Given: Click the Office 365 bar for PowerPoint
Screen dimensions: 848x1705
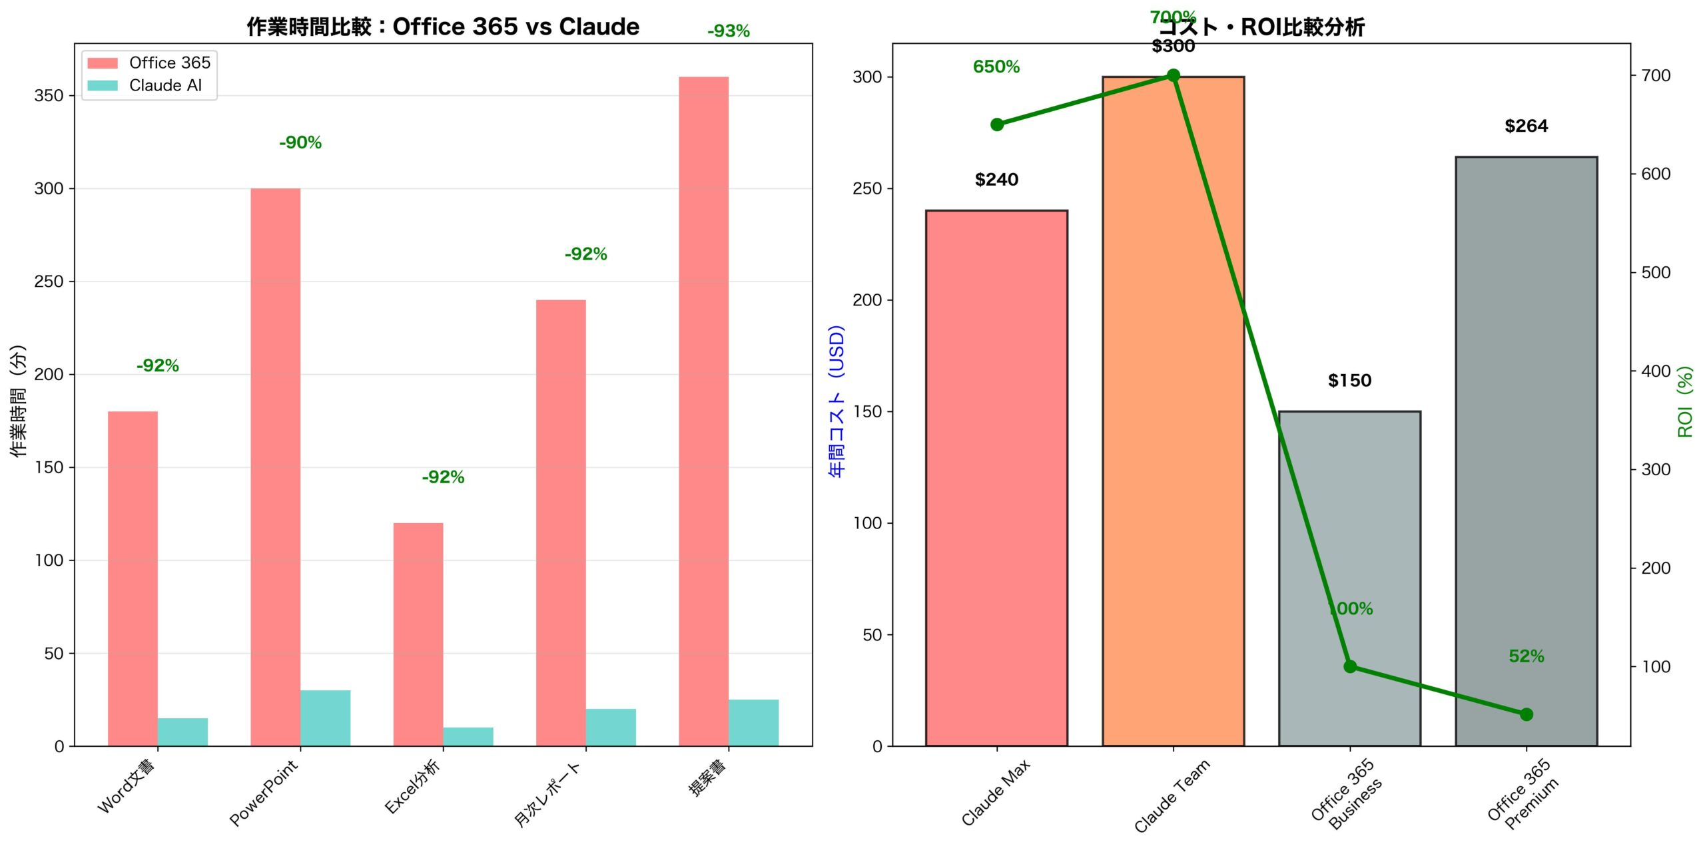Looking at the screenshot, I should (x=275, y=466).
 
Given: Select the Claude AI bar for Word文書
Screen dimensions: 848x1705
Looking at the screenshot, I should (x=182, y=732).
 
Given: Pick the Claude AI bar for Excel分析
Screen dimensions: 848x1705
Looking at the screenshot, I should (x=468, y=736).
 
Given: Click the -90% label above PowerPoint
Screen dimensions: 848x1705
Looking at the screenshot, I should (x=300, y=142).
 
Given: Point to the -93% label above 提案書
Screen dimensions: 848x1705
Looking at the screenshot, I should (x=728, y=31).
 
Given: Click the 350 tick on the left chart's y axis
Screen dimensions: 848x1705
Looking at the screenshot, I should (x=49, y=96).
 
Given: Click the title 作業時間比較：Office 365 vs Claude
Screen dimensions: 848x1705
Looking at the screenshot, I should (x=443, y=27).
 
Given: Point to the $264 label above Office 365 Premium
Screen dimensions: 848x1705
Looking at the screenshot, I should (x=1526, y=126).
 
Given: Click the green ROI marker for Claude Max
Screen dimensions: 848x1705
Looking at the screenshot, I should (x=997, y=124).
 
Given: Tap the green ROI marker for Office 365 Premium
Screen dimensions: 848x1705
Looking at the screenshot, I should (x=1527, y=714).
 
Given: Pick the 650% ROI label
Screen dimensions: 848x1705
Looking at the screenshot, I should (x=996, y=67).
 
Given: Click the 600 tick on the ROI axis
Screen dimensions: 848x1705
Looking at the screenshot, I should (x=1655, y=174).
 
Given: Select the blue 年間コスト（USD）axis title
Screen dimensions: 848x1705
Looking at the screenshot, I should (x=837, y=401).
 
